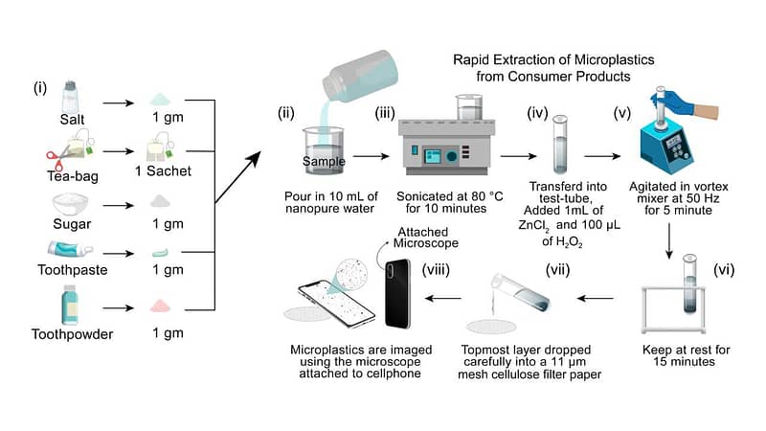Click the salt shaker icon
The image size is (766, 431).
pos(70,97)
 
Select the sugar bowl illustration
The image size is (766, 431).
pos(70,204)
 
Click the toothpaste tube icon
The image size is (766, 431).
pos(69,249)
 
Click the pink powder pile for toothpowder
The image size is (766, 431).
pos(160,306)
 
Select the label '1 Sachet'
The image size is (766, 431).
pos(163,171)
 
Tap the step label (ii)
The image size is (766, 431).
pos(285,113)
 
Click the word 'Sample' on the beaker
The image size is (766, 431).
pos(324,161)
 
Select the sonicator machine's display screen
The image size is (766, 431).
pos(433,156)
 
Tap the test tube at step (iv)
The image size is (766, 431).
pos(560,145)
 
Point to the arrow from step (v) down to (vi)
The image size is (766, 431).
pos(669,241)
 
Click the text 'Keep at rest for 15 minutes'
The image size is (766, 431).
pos(686,355)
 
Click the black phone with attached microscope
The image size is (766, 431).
pos(397,293)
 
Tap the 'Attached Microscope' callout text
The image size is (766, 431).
pos(425,238)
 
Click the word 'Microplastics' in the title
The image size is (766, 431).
pos(614,59)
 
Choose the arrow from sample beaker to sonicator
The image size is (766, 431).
pos(371,156)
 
